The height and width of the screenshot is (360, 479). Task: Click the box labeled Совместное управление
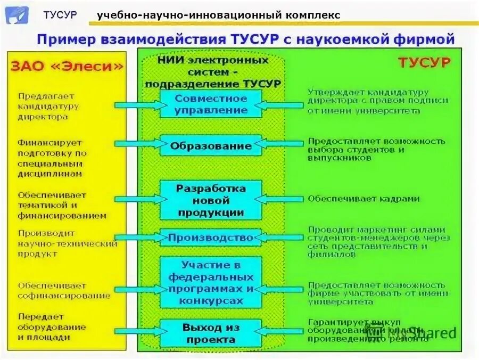tap(211, 104)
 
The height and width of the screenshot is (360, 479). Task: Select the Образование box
tap(211, 145)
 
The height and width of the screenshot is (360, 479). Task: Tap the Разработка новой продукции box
tap(211, 200)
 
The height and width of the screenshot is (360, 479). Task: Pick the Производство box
tap(211, 238)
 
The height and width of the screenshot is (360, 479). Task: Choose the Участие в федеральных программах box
tap(211, 282)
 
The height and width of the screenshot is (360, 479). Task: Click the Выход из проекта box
tap(211, 333)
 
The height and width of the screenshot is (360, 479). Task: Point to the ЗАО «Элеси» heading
tap(67, 66)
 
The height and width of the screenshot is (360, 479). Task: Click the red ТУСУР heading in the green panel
tap(424, 62)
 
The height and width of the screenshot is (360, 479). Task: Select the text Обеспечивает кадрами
tap(364, 199)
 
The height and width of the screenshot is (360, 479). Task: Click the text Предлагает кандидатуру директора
tap(48, 106)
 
